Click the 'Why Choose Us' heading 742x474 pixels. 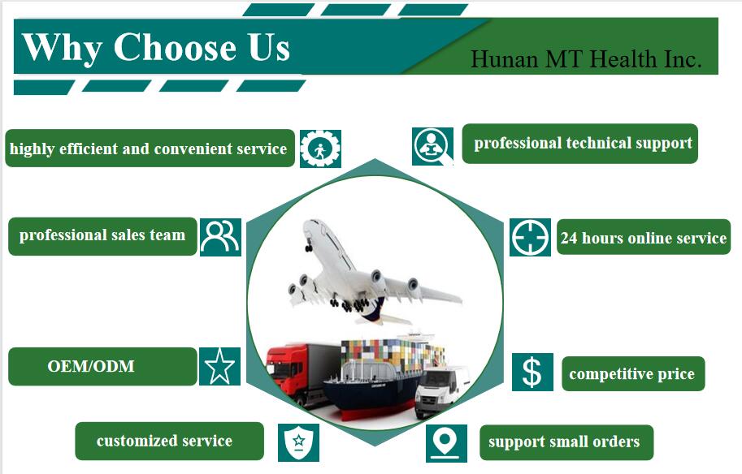click(156, 47)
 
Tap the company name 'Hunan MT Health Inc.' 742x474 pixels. click(586, 59)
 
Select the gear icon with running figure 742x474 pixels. click(320, 149)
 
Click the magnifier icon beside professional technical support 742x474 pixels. click(432, 146)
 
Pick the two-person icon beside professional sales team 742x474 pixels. click(220, 237)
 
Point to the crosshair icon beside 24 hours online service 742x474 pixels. click(530, 237)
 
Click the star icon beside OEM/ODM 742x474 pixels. click(219, 366)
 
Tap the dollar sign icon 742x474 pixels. click(532, 372)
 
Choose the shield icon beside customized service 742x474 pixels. click(298, 442)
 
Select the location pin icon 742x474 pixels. click(446, 443)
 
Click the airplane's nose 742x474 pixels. click(306, 224)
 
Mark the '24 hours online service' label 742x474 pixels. click(644, 237)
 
